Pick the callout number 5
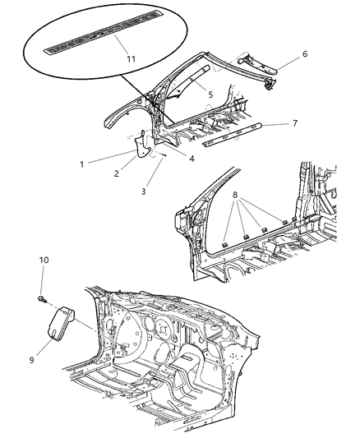tap(210, 95)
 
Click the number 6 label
tap(305, 53)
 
